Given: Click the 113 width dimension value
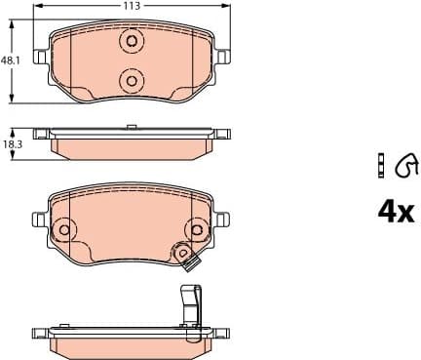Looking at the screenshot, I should [128, 6].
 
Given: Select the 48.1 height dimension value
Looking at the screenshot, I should [9, 60].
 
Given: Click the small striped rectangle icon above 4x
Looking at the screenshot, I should [382, 168].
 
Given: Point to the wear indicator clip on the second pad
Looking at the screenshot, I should [185, 256].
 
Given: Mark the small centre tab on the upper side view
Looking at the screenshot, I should [131, 125].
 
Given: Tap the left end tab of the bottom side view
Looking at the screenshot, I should [40, 332].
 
